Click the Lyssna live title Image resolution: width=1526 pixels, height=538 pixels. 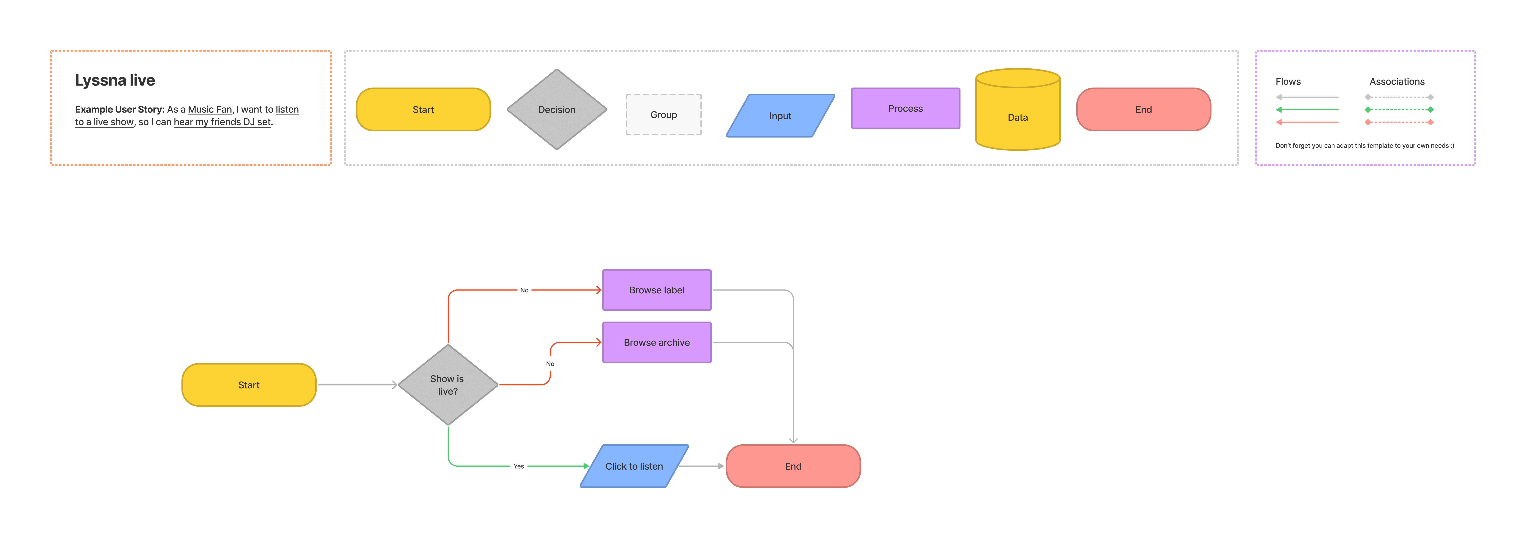(115, 80)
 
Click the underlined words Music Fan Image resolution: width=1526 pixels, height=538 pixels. (210, 109)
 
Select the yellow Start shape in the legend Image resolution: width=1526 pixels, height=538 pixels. (423, 109)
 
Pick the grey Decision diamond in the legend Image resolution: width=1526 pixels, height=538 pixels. (557, 109)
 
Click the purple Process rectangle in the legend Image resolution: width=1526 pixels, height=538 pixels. (905, 108)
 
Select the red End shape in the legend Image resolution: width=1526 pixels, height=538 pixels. (1143, 109)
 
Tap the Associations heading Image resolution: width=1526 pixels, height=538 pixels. (1397, 82)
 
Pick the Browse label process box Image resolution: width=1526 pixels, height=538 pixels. (657, 290)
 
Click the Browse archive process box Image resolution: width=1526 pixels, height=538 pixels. (657, 342)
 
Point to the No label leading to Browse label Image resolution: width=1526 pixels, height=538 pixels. (524, 290)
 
